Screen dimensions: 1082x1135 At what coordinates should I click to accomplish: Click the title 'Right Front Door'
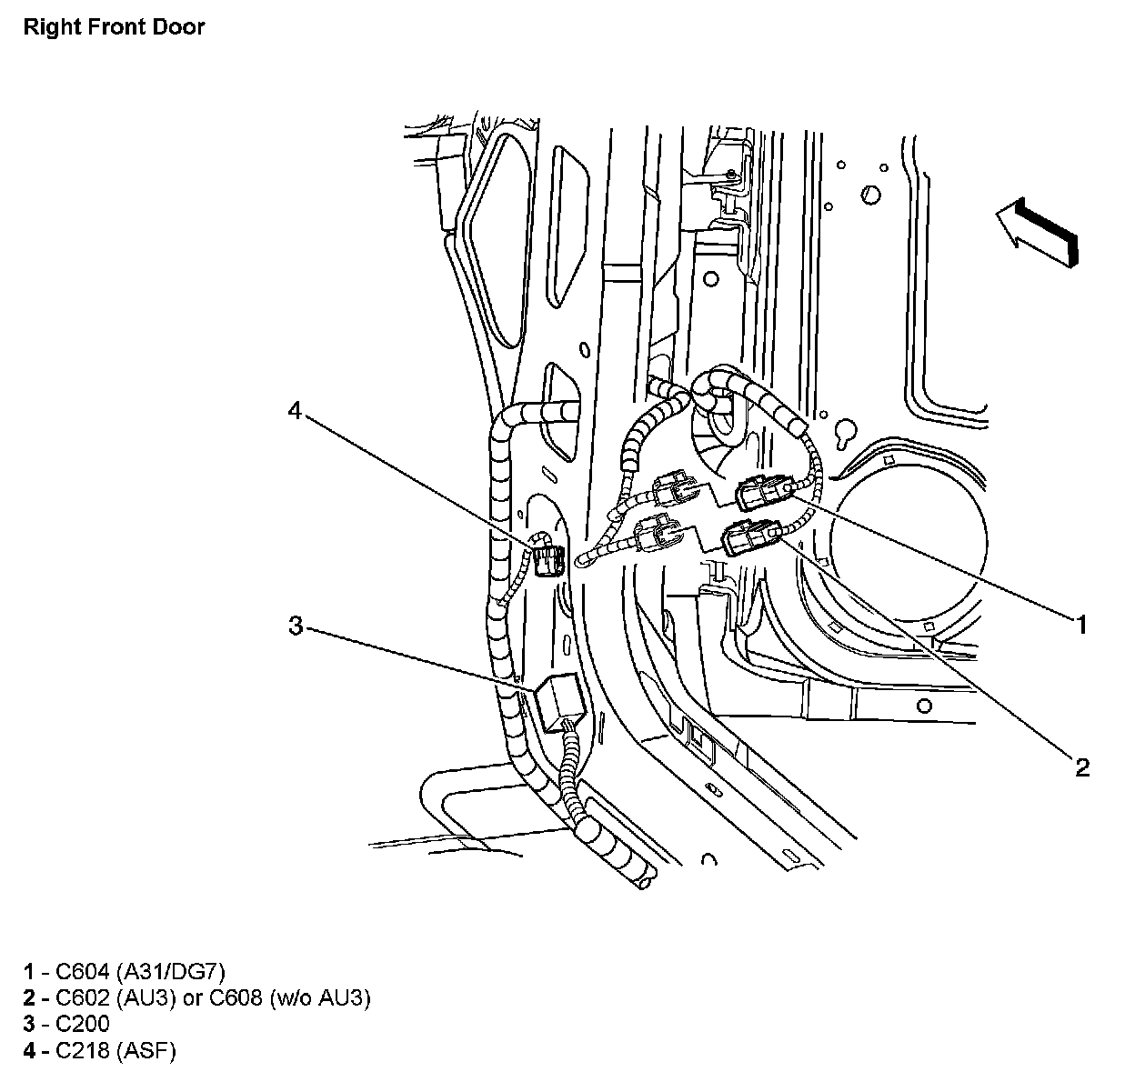click(x=114, y=26)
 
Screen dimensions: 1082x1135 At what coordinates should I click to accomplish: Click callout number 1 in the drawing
click(x=1080, y=625)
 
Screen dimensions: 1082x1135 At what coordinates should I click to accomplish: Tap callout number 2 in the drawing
click(x=1081, y=767)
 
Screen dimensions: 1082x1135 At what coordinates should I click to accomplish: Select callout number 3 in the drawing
click(x=296, y=626)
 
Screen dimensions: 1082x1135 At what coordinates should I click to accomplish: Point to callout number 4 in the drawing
click(x=295, y=411)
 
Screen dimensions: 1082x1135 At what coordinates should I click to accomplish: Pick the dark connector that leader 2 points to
click(x=750, y=537)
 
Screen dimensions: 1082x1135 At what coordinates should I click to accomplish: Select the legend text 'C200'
click(x=82, y=1024)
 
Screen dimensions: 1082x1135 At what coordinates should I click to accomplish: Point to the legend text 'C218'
click(x=82, y=1051)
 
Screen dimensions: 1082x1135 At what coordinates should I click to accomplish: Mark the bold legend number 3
click(x=30, y=1024)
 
